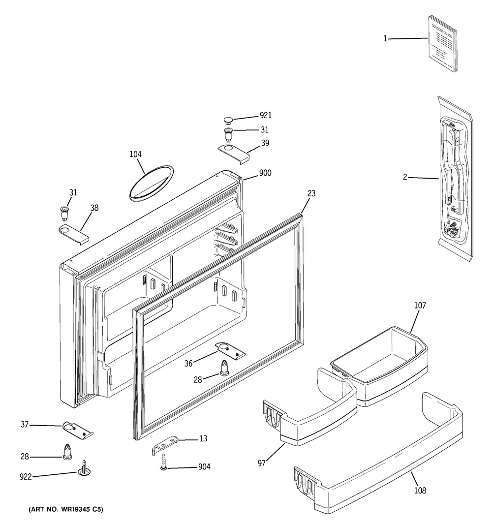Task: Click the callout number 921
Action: tap(266, 116)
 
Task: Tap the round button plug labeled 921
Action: tap(228, 119)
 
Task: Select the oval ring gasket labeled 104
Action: tap(151, 183)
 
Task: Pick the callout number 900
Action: tap(266, 173)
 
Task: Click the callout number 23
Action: tap(311, 194)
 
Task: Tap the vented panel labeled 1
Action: tap(441, 43)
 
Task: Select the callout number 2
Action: tap(405, 177)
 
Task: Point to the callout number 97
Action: tap(262, 463)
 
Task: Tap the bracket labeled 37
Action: tap(78, 429)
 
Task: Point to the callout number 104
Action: tap(136, 154)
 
